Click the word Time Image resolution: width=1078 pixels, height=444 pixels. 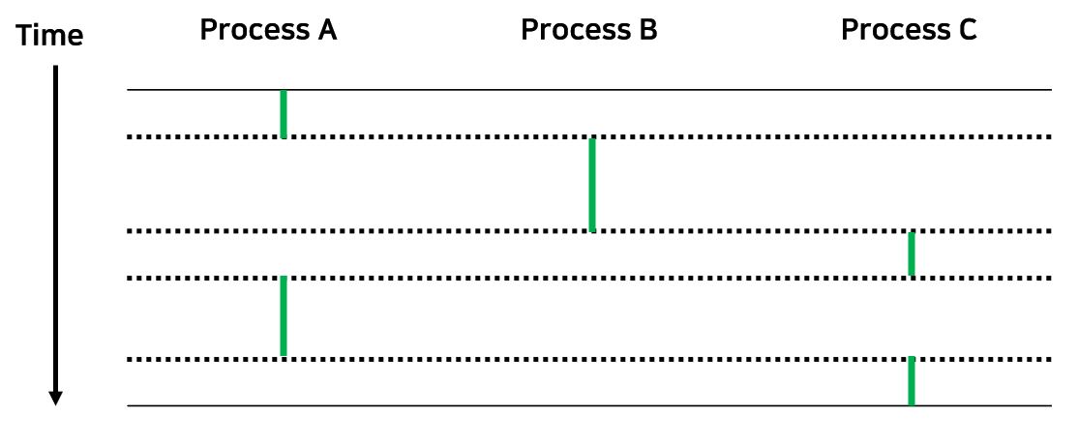click(50, 36)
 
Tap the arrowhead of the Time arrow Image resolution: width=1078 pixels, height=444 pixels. click(56, 397)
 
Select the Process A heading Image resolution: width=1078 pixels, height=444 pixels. click(268, 30)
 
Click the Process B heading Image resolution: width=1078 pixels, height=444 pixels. click(588, 30)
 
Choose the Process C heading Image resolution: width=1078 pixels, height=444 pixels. click(909, 30)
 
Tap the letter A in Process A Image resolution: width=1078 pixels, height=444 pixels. click(325, 30)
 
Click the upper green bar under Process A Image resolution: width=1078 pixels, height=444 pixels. click(284, 114)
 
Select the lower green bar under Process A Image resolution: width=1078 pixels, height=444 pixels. click(284, 316)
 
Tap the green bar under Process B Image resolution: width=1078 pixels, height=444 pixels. click(592, 185)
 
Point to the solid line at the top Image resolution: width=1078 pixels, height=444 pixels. click(677, 90)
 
